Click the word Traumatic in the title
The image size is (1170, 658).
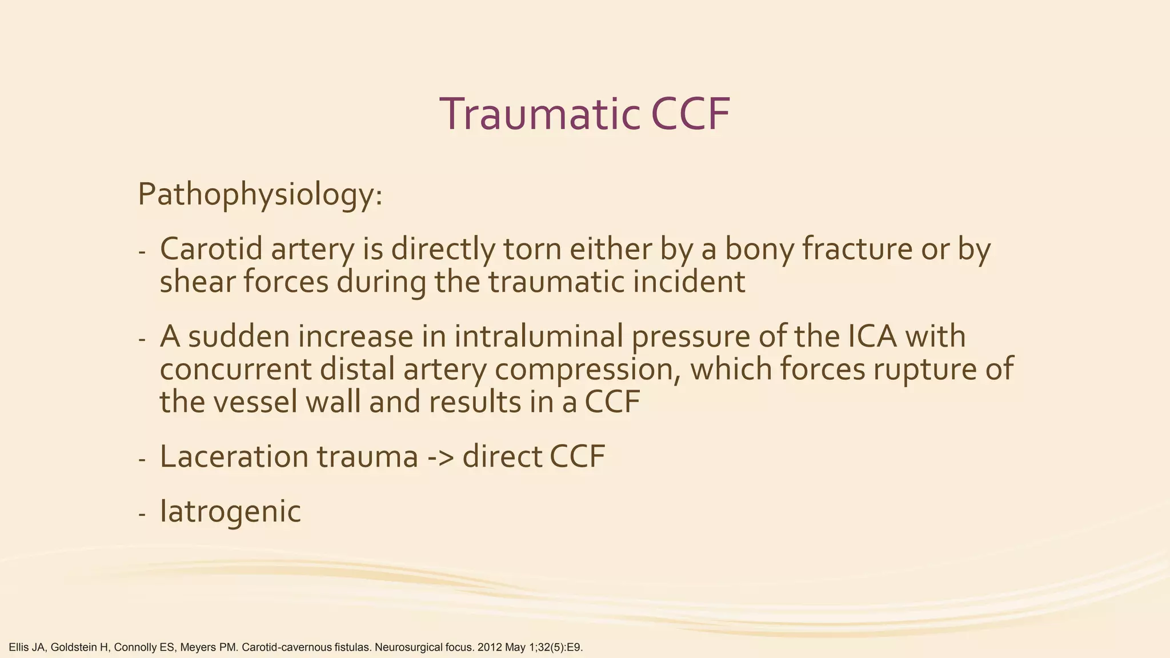click(x=539, y=114)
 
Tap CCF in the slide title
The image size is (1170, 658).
click(x=690, y=114)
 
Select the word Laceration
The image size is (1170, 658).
click(x=234, y=457)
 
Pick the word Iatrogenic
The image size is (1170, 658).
click(x=230, y=511)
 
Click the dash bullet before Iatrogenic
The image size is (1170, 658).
click(x=142, y=513)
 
